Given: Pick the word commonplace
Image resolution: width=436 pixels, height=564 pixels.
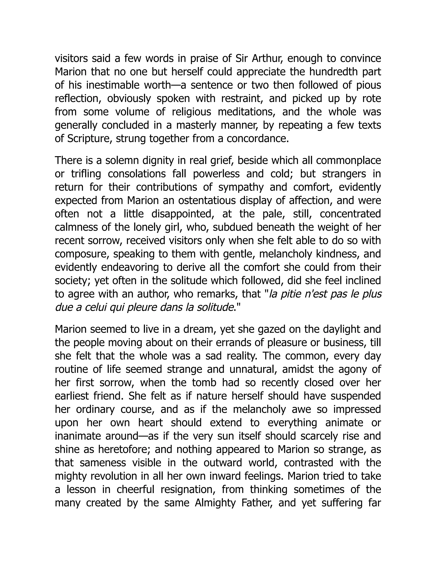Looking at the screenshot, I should coord(349,160).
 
